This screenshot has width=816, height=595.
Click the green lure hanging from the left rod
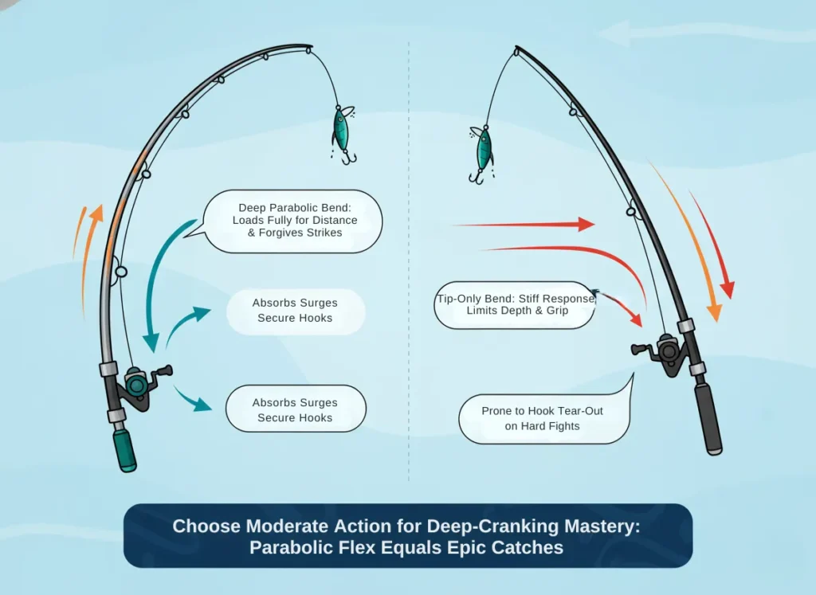click(342, 132)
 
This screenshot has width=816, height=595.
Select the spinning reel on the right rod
click(665, 351)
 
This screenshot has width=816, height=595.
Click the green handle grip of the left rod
click(124, 449)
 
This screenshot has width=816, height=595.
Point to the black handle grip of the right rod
click(708, 417)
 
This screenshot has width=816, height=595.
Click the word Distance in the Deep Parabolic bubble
click(329, 220)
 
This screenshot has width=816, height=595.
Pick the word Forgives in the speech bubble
click(274, 233)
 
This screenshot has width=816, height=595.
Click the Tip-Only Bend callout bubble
click(515, 304)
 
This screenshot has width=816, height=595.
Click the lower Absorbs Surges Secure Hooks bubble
click(295, 409)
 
